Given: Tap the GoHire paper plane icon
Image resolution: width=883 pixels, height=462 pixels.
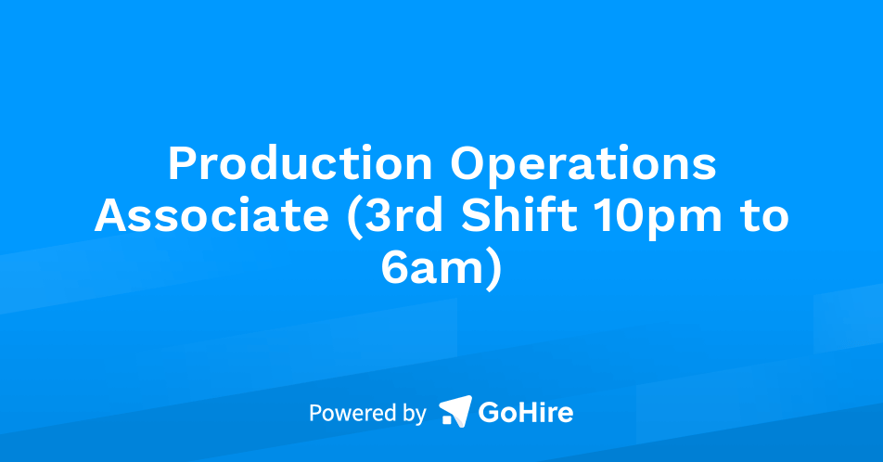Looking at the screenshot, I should tap(454, 411).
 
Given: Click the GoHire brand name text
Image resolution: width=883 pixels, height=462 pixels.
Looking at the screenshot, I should tap(525, 412).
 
